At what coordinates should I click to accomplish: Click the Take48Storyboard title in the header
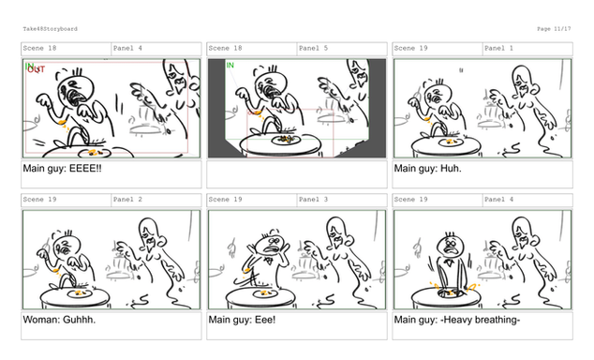click(x=50, y=29)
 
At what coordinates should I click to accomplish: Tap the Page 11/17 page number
click(x=554, y=29)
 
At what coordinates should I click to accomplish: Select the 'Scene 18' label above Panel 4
click(x=39, y=48)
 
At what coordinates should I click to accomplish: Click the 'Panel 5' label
click(x=313, y=48)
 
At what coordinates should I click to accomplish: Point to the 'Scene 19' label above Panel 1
click(x=410, y=48)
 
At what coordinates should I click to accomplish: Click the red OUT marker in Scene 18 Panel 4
click(x=37, y=69)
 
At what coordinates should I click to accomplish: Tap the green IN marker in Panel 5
click(x=230, y=66)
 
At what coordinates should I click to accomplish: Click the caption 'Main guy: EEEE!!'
click(x=62, y=168)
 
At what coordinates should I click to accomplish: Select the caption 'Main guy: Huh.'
click(x=427, y=168)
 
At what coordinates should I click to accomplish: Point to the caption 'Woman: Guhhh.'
click(x=59, y=320)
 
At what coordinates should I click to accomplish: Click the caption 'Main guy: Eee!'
click(x=242, y=320)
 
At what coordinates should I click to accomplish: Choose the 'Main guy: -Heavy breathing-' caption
click(x=457, y=320)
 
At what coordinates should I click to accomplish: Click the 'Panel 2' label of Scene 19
click(x=127, y=200)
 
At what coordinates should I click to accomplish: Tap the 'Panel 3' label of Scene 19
click(x=313, y=200)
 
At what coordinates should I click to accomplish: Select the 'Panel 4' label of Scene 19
click(x=499, y=200)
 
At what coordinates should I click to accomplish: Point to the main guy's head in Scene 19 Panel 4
click(x=451, y=246)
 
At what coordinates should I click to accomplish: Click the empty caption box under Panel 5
click(x=297, y=174)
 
